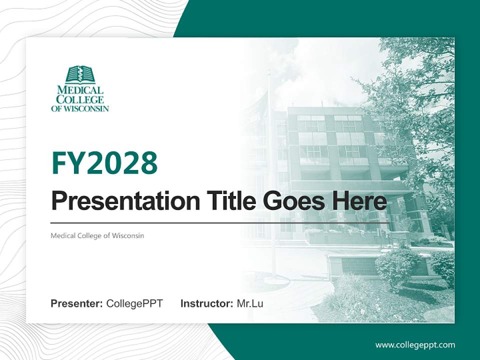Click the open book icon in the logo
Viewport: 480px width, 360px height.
pyautogui.click(x=80, y=75)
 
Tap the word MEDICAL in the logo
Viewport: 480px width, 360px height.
pyautogui.click(x=80, y=90)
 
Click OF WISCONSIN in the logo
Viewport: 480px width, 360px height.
pyautogui.click(x=80, y=108)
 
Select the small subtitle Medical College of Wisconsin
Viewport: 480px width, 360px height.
pyautogui.click(x=97, y=235)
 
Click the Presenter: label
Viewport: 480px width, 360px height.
pyautogui.click(x=76, y=303)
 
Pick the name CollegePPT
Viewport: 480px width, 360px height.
pyautogui.click(x=134, y=303)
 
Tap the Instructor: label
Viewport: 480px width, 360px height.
pyautogui.click(x=206, y=303)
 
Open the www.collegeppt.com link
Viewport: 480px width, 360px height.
pyautogui.click(x=415, y=345)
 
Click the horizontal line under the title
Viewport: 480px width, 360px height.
pyautogui.click(x=220, y=222)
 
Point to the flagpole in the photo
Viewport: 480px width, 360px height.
pyautogui.click(x=271, y=175)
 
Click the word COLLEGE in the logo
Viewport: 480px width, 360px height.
pyautogui.click(x=80, y=99)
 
